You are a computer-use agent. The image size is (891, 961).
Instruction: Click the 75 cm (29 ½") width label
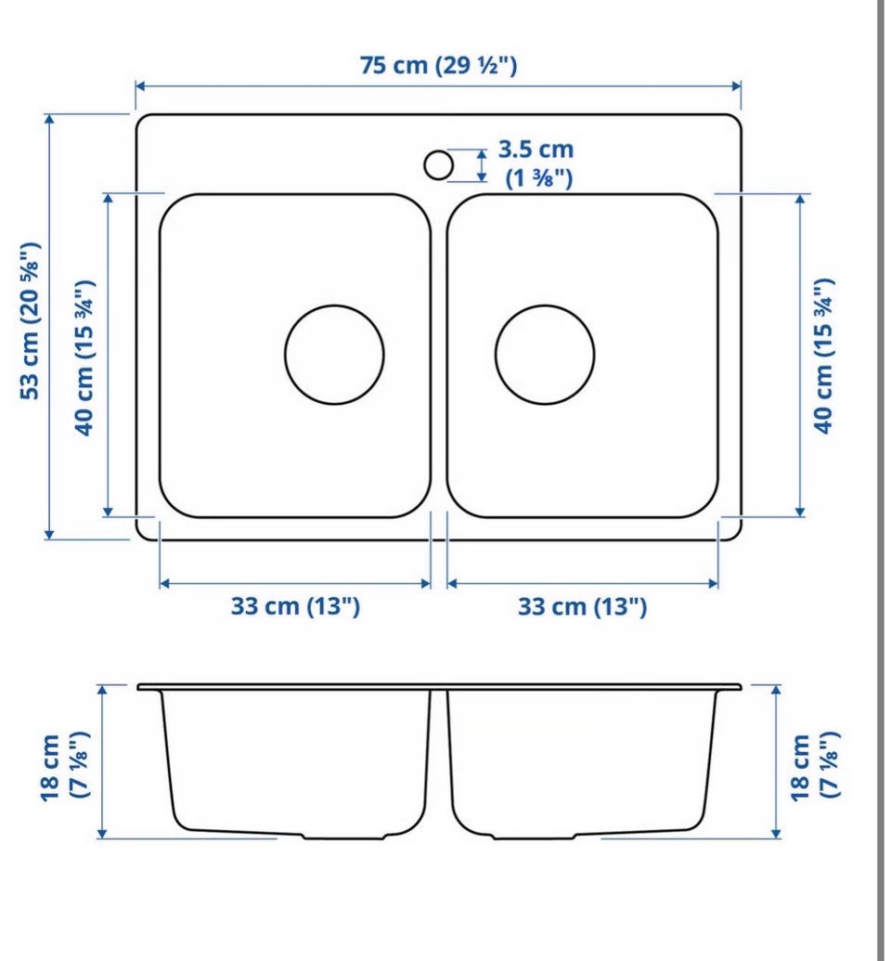438,65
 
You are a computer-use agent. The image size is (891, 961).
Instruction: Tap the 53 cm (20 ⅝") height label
30,320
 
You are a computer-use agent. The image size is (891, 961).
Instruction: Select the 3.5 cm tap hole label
536,149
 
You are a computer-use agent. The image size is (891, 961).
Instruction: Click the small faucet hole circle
438,165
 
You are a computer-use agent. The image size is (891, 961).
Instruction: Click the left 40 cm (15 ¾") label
84,357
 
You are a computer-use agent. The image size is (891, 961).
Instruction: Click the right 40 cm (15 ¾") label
824,357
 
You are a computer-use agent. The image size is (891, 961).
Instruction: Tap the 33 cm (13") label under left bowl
295,606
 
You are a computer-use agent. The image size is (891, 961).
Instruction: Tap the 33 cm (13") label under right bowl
582,606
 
